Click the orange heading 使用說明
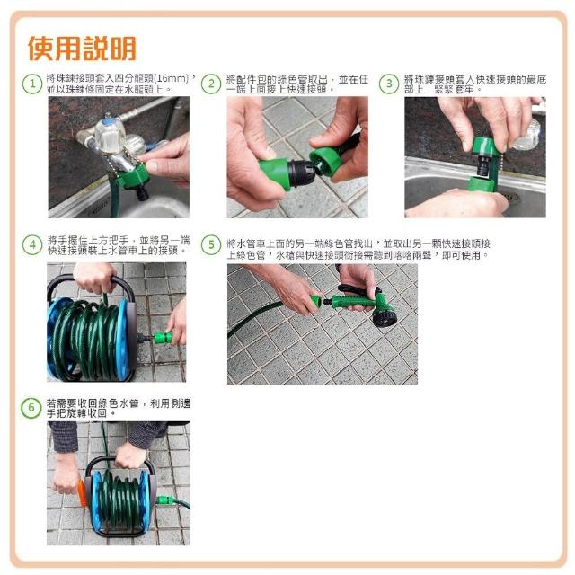click(82, 49)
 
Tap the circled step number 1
click(32, 84)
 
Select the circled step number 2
click(211, 84)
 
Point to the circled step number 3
click(389, 84)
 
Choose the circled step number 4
click(32, 245)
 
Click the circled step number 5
click(211, 245)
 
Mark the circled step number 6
click(31, 408)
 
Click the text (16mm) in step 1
click(172, 78)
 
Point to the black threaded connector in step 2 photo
click(301, 172)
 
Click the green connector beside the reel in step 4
click(164, 338)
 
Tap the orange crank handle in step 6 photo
click(82, 492)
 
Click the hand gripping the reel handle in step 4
click(94, 278)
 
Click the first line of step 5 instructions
click(358, 243)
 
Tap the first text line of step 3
click(475, 79)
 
